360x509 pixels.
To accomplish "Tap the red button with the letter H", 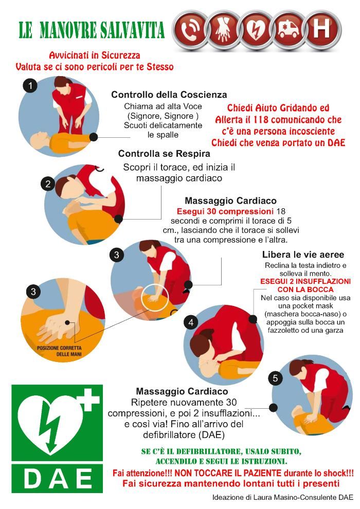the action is click(x=321, y=29).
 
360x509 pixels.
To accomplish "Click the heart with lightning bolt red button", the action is click(x=256, y=29).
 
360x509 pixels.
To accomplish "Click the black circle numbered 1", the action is click(x=30, y=86).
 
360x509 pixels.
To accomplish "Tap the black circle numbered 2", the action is click(x=48, y=184).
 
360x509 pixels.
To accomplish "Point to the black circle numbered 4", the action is click(x=191, y=322).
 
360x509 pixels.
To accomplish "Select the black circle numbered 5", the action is click(x=275, y=378).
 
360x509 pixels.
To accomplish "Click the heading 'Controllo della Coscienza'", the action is click(x=169, y=95).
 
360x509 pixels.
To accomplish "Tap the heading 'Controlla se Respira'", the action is click(x=164, y=153).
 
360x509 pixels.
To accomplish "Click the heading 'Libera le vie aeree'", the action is click(x=303, y=254).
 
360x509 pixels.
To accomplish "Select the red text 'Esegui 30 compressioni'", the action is click(x=225, y=211).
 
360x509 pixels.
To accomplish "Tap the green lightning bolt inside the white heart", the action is click(x=49, y=426).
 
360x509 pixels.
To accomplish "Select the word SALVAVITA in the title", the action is click(x=132, y=30).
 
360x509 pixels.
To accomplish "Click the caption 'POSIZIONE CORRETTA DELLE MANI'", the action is click(x=60, y=351).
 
